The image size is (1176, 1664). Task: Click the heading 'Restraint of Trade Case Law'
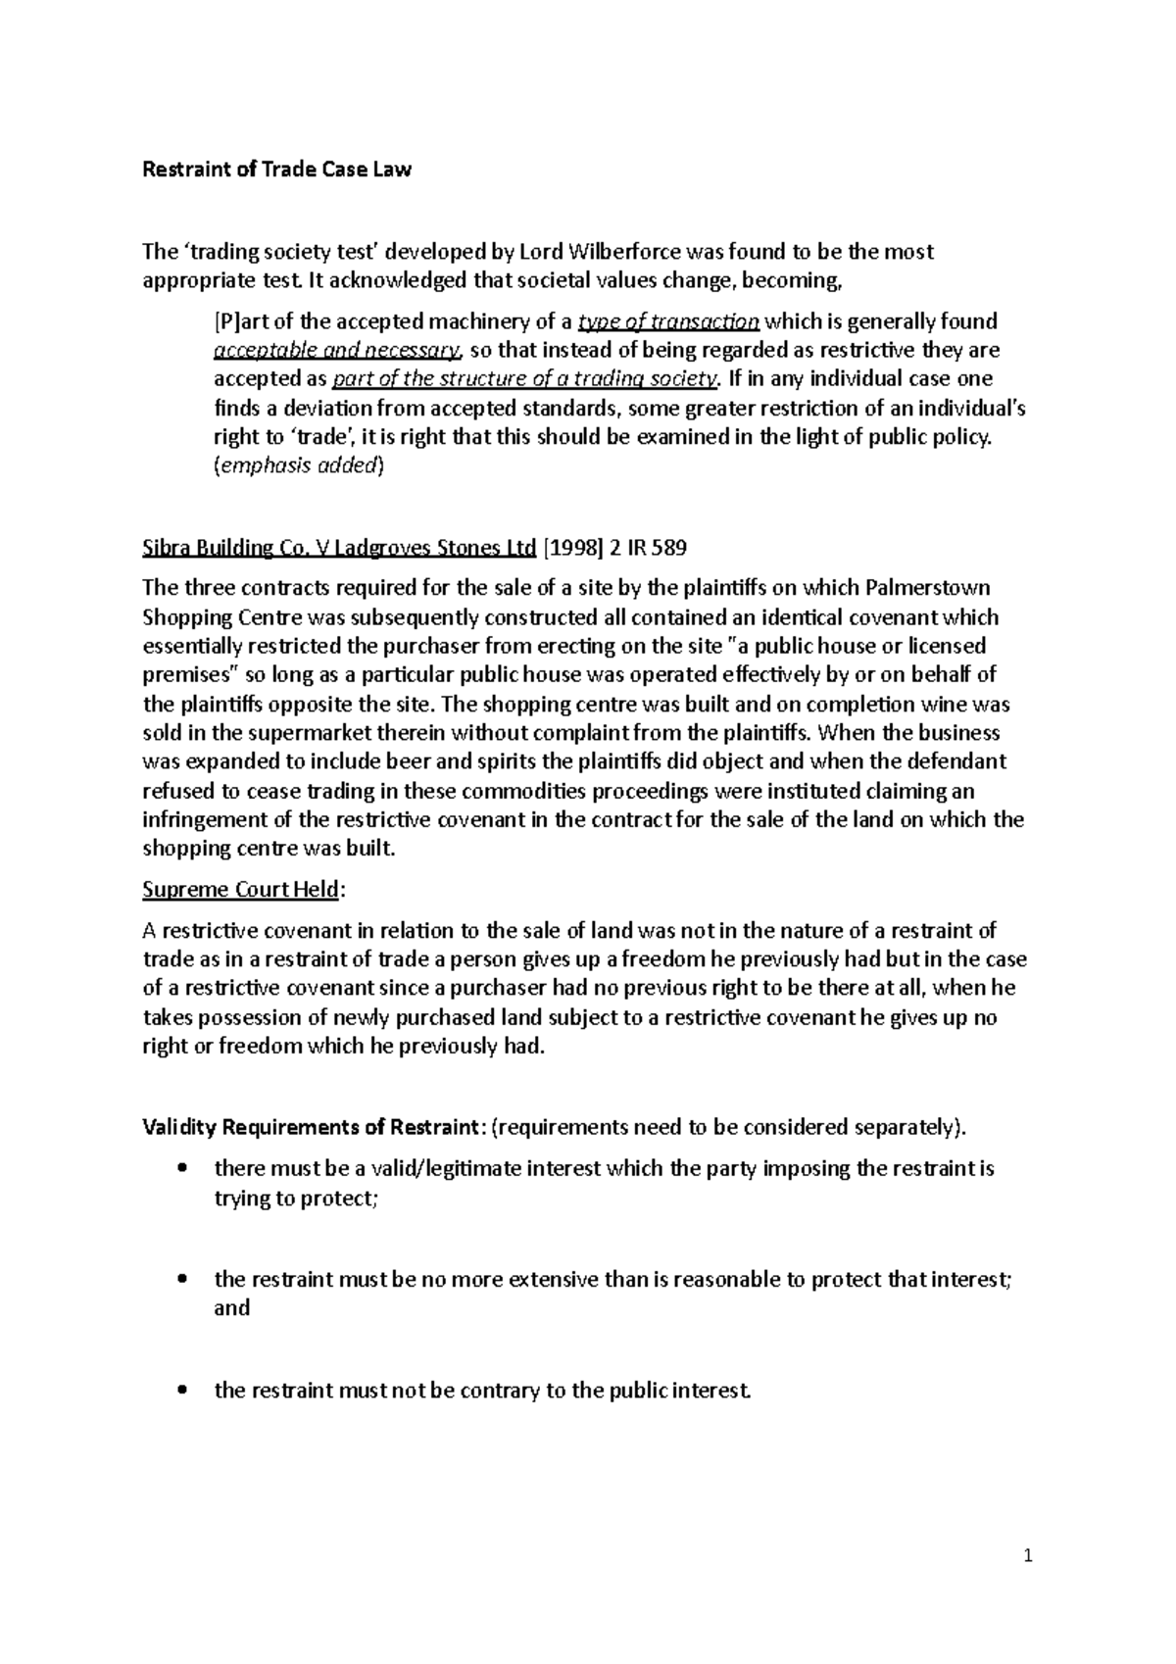point(277,170)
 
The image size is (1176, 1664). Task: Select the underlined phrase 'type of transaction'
point(668,321)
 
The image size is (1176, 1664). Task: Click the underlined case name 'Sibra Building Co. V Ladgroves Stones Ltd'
point(339,548)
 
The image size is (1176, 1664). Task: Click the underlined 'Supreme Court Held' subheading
point(240,890)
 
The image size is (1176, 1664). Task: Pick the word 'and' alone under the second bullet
point(232,1308)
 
